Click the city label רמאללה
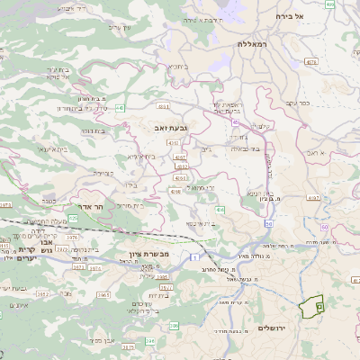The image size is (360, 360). (254, 43)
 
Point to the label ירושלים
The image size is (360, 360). (270, 327)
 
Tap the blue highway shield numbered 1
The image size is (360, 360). (194, 258)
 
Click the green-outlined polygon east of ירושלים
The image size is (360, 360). (313, 307)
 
